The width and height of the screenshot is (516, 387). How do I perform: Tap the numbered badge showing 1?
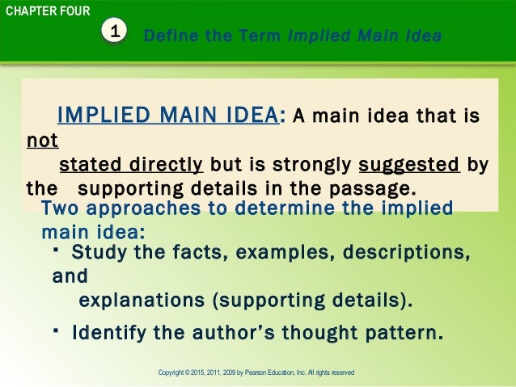tap(116, 32)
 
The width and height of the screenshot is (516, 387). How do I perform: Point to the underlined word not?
tap(42, 141)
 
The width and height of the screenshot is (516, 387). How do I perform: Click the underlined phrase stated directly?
tap(131, 166)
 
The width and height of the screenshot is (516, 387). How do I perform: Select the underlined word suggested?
tap(409, 166)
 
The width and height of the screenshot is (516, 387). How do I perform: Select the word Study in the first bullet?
tap(98, 253)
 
